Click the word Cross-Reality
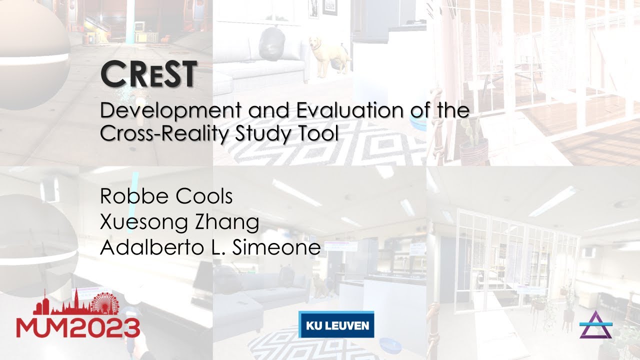click(x=159, y=133)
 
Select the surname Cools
click(x=204, y=196)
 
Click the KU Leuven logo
click(x=336, y=325)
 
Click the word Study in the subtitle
click(x=264, y=133)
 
